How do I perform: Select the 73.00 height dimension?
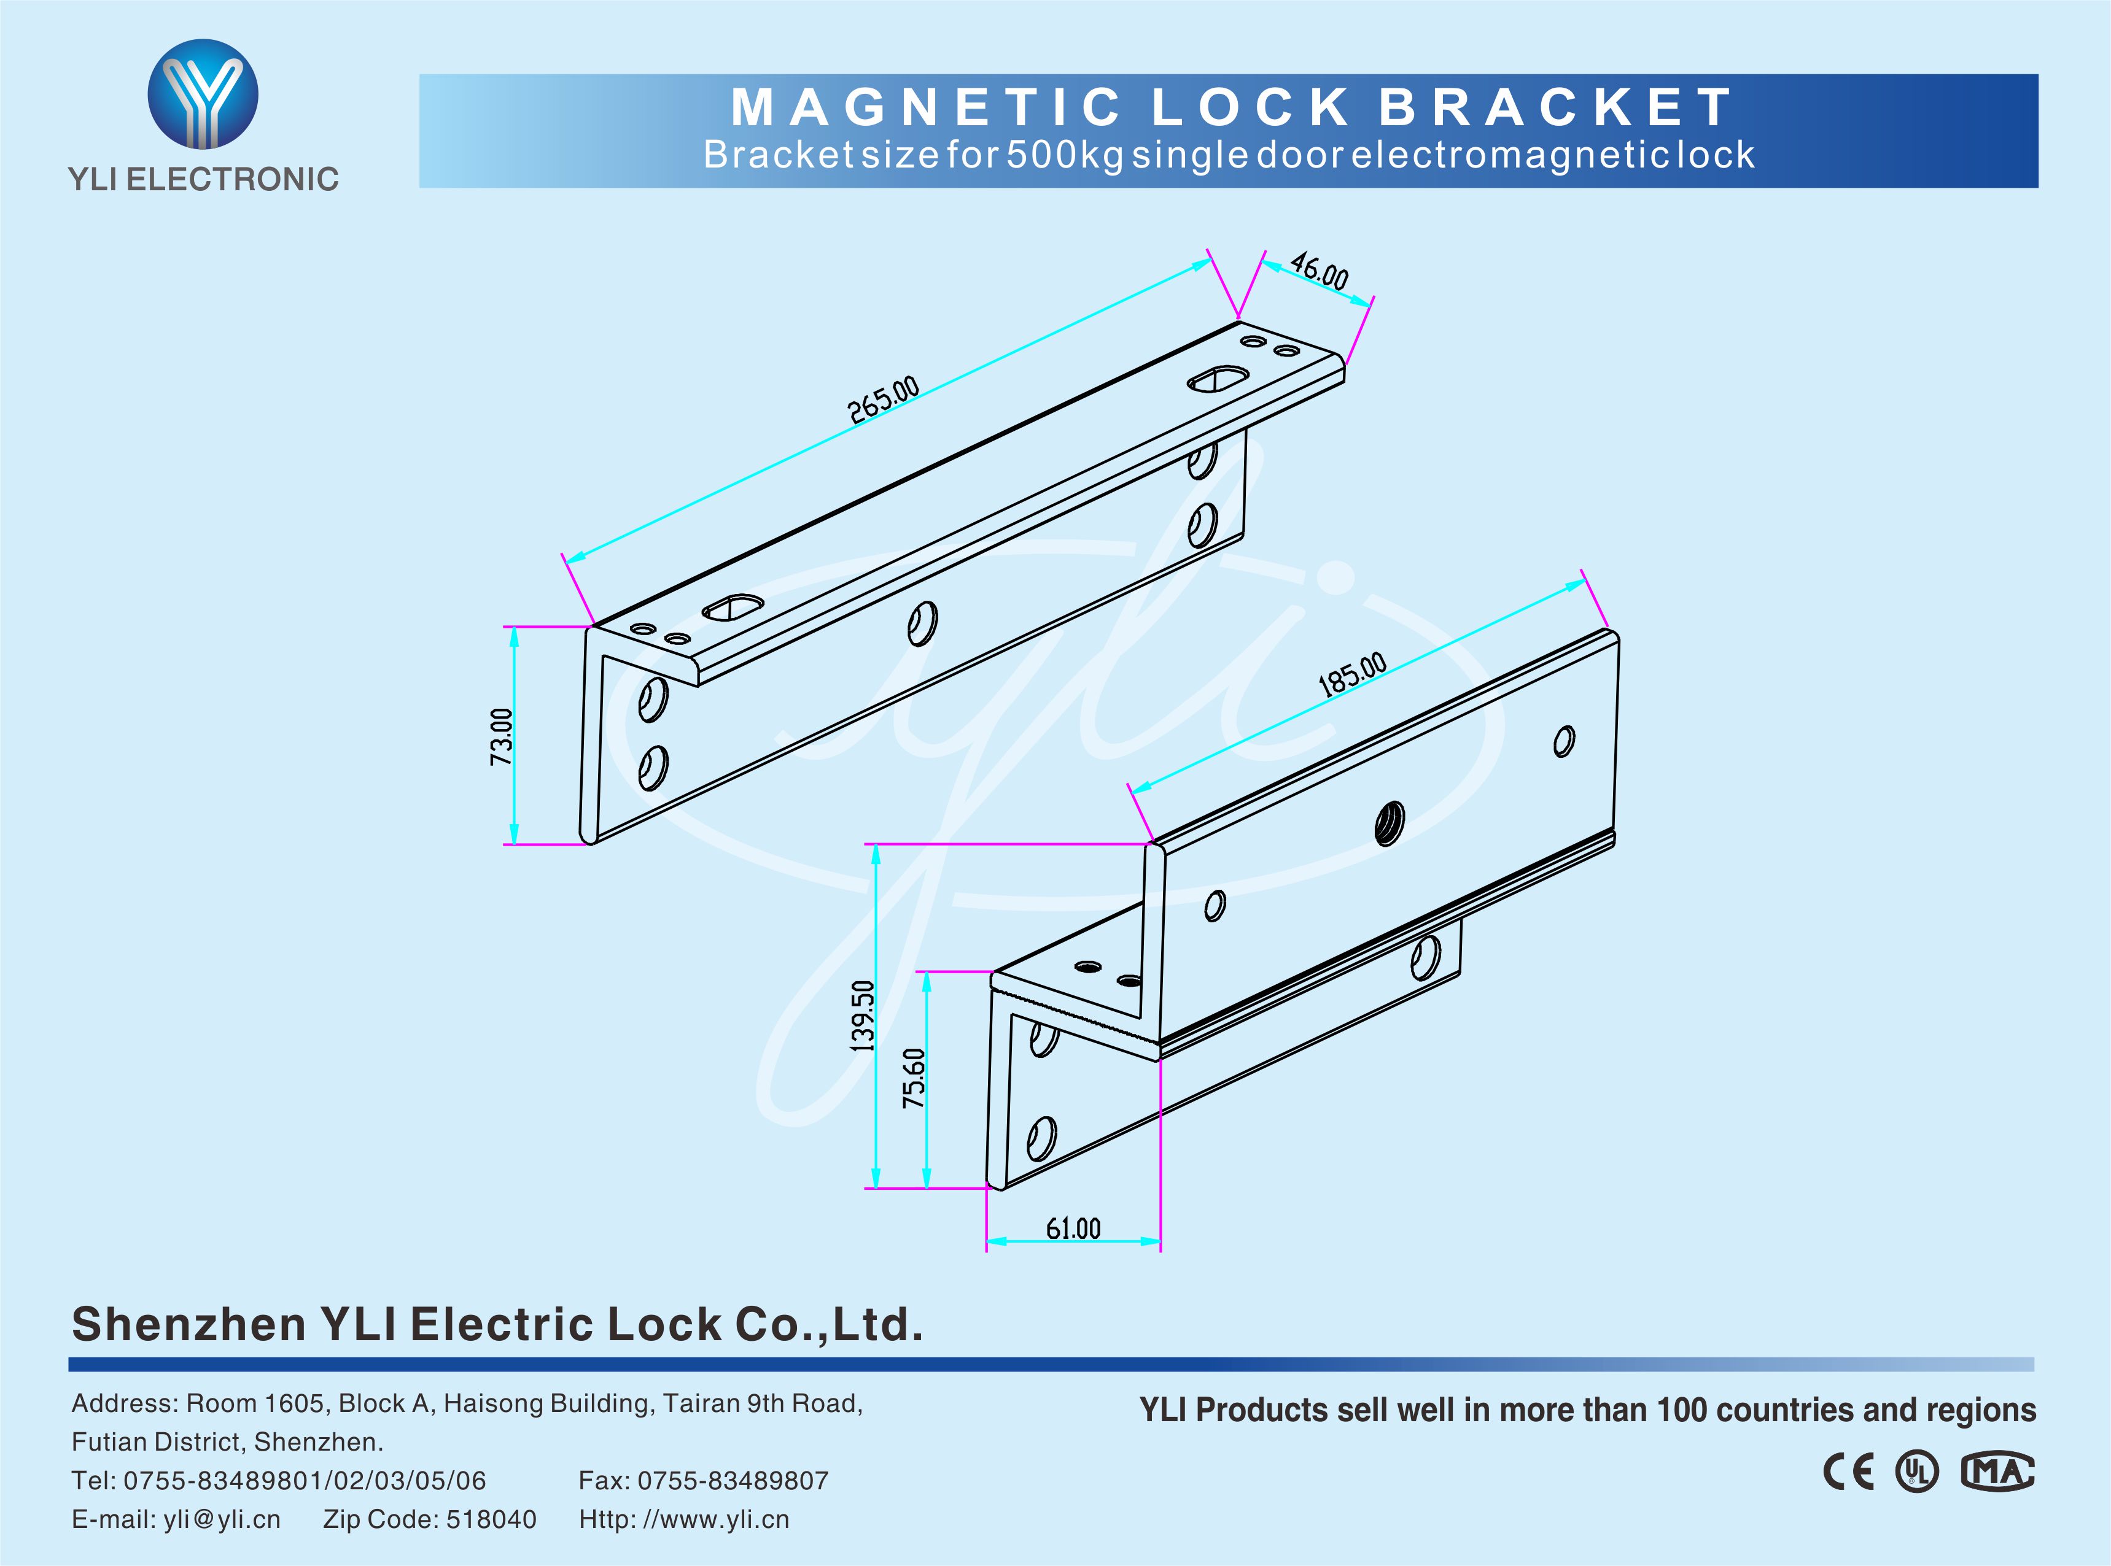click(502, 736)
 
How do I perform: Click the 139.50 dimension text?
click(863, 1015)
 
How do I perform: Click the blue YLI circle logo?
click(203, 94)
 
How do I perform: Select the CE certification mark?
click(1848, 1472)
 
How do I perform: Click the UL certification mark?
click(1916, 1472)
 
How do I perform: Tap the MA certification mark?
click(1997, 1472)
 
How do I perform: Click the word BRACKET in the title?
click(1556, 107)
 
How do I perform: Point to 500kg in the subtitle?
click(1065, 155)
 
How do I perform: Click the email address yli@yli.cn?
click(222, 1519)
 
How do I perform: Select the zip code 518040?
click(491, 1519)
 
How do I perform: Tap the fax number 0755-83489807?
click(733, 1481)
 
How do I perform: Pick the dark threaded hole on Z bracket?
click(1390, 823)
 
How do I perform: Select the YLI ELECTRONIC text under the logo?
click(203, 179)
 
